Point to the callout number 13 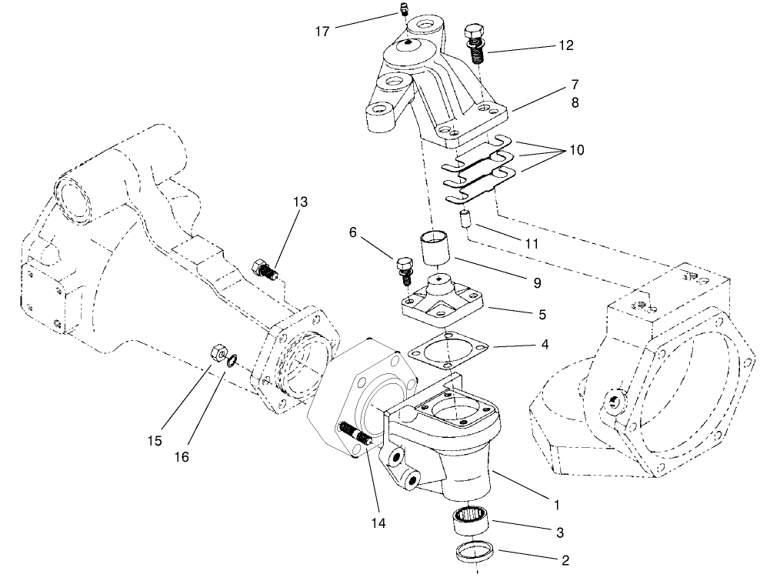(x=299, y=202)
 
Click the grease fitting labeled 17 (x=402, y=10)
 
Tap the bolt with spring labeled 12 (x=475, y=45)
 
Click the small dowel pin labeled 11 (x=465, y=219)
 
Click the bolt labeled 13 (x=264, y=270)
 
